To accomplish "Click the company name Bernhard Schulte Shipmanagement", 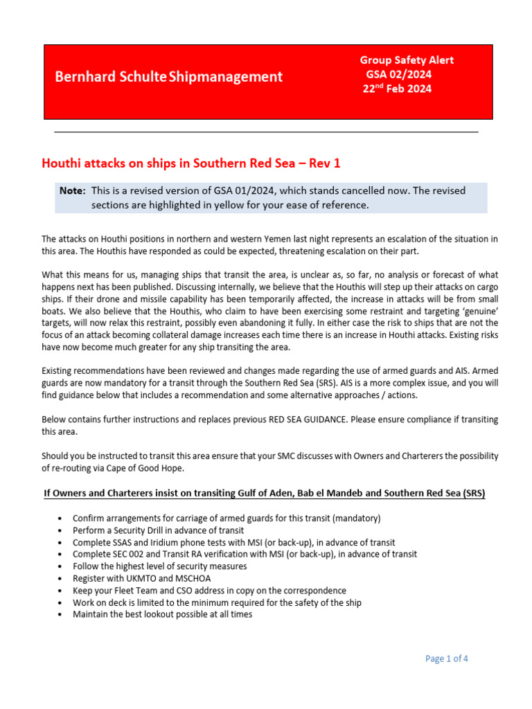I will [x=169, y=77].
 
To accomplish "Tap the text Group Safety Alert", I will [x=407, y=60].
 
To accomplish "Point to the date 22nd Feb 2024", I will [x=396, y=89].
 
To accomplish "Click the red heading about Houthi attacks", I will [x=191, y=163].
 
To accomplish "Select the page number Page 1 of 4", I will [x=447, y=658].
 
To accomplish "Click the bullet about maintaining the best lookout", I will [x=162, y=613].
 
